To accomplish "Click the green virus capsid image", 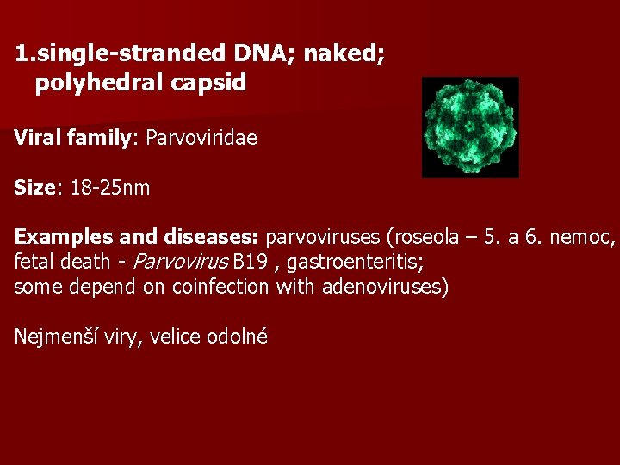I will pos(470,127).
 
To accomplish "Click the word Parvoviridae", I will pos(201,138).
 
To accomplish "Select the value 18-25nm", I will pos(110,188).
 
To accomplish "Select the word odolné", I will pos(237,337).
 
